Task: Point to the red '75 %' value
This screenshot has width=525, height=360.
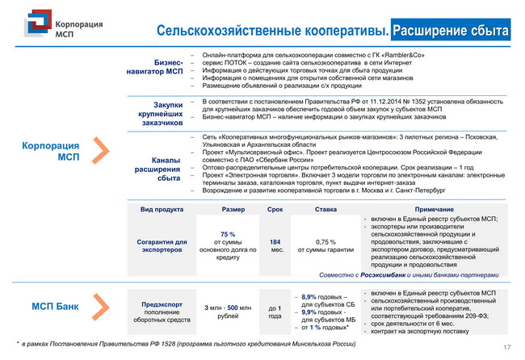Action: coord(227,233)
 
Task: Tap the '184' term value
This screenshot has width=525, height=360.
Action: coord(275,241)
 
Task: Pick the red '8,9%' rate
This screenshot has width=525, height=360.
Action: coord(308,297)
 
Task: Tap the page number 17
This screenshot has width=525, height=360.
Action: coord(507,348)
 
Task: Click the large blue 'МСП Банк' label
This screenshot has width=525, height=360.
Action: coord(55,307)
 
